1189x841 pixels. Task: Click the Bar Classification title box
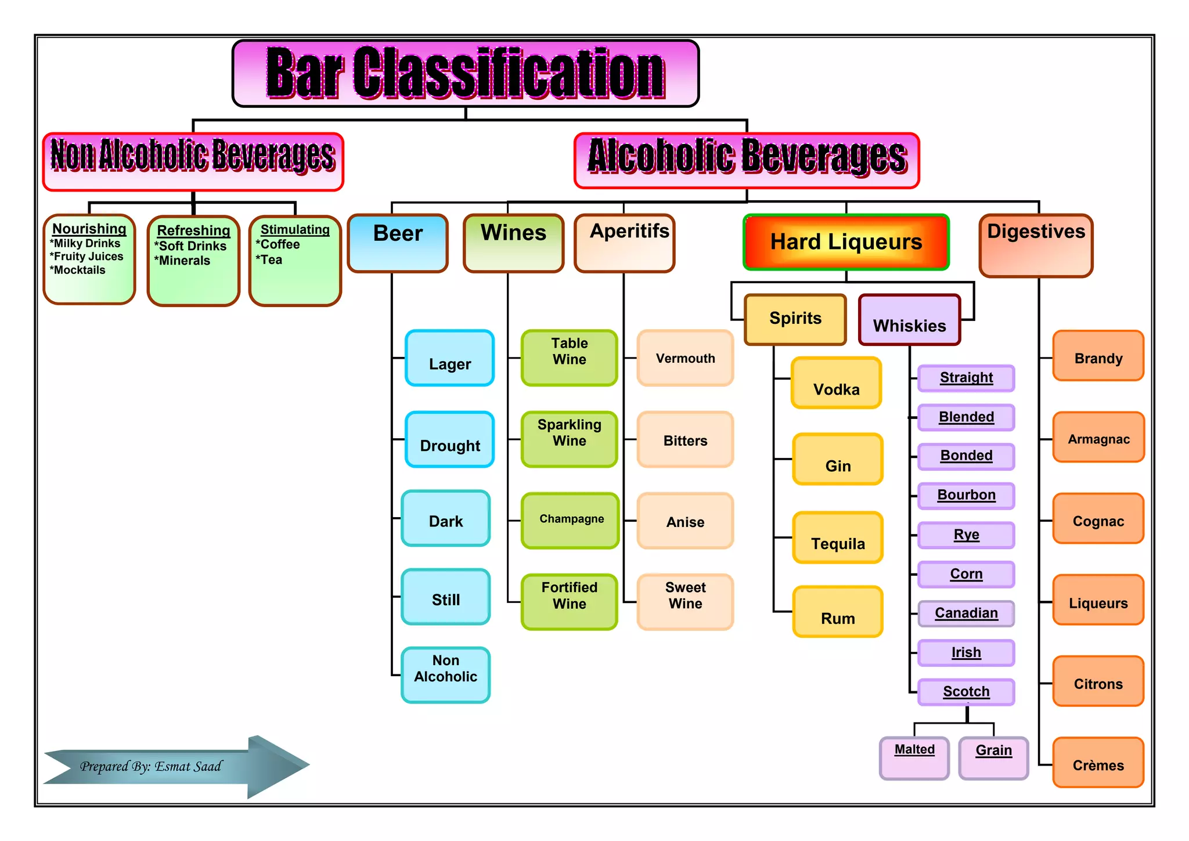point(465,73)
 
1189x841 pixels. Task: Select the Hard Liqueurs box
point(846,242)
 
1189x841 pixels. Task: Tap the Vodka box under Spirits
point(836,384)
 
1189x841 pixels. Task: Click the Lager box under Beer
point(450,359)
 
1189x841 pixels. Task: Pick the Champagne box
point(570,520)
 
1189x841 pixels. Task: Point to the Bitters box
point(685,440)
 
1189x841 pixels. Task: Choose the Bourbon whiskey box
point(966,495)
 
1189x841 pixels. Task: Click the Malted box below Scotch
point(914,757)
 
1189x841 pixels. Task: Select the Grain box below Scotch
point(993,757)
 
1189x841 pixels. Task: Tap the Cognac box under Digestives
point(1098,519)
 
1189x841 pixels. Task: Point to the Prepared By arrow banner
point(174,766)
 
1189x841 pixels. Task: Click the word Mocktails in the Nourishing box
point(80,270)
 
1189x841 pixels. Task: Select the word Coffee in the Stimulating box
point(280,244)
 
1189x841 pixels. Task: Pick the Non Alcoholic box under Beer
point(445,674)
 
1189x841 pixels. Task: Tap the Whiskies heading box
point(909,320)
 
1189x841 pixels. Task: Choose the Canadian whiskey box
point(966,613)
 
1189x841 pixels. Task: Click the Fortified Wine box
point(570,602)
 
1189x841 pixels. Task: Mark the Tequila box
point(838,538)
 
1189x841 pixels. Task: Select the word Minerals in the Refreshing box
point(185,261)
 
